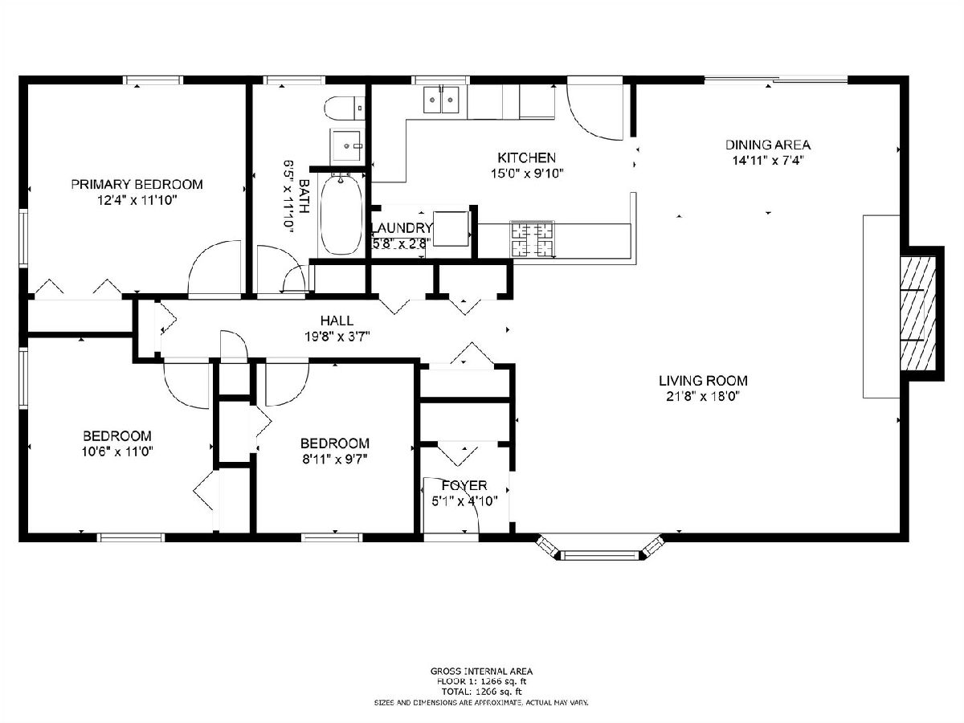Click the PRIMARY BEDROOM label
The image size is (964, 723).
pyautogui.click(x=137, y=185)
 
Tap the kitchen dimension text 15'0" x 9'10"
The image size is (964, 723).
pyautogui.click(x=526, y=174)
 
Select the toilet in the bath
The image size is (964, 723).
pyautogui.click(x=345, y=108)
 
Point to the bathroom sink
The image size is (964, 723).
pyautogui.click(x=347, y=145)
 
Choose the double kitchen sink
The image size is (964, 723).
pyautogui.click(x=441, y=100)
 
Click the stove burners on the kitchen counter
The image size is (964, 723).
pyautogui.click(x=533, y=239)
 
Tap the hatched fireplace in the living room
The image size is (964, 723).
pyautogui.click(x=917, y=313)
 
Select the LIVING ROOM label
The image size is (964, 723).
pyautogui.click(x=703, y=381)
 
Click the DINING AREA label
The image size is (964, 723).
pyautogui.click(x=768, y=145)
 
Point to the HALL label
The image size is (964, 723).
pyautogui.click(x=337, y=321)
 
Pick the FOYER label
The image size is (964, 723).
pyautogui.click(x=464, y=485)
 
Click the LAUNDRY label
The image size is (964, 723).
pyautogui.click(x=402, y=228)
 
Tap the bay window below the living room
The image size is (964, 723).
pyautogui.click(x=600, y=548)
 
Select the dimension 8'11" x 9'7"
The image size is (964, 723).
pyautogui.click(x=335, y=460)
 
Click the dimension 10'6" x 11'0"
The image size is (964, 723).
pyautogui.click(x=117, y=451)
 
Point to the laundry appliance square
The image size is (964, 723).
pyautogui.click(x=451, y=229)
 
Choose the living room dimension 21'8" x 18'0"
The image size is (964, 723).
pyautogui.click(x=703, y=397)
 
